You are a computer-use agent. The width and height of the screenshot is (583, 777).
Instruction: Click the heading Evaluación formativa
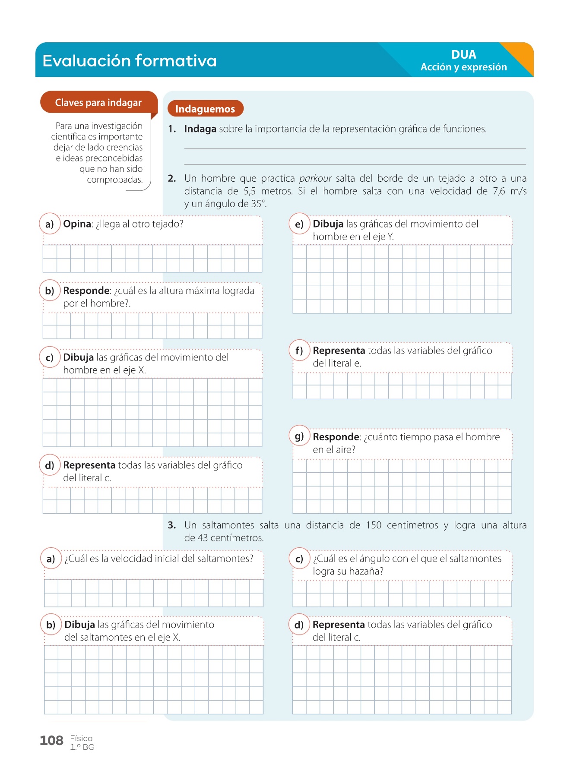(x=130, y=61)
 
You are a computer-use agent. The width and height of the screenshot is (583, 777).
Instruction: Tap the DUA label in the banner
(x=463, y=55)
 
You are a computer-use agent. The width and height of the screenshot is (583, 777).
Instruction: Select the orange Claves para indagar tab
(x=98, y=103)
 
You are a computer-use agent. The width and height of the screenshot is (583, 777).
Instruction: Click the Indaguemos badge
(x=205, y=109)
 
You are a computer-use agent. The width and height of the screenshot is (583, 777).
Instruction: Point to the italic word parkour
(x=315, y=179)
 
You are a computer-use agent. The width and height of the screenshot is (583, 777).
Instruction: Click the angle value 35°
(x=257, y=204)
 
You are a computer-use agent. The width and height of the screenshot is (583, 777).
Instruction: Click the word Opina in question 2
(x=77, y=224)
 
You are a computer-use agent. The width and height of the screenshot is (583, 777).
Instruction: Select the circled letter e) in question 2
(x=299, y=224)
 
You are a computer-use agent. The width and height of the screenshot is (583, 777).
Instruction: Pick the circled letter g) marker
(x=299, y=436)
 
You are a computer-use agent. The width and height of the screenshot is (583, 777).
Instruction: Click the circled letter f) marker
(x=299, y=351)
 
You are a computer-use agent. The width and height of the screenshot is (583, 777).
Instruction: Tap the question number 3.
(x=172, y=525)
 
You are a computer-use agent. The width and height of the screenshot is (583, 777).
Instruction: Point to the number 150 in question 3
(x=374, y=525)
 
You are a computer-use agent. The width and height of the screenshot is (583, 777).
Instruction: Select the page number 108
(x=51, y=741)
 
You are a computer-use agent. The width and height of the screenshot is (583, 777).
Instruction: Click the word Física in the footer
(x=81, y=739)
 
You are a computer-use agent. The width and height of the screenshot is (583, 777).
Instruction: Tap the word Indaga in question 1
(x=200, y=129)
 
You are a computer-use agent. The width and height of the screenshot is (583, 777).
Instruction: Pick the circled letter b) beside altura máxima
(x=50, y=291)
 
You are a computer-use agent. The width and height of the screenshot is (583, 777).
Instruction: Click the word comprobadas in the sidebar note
(x=114, y=180)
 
